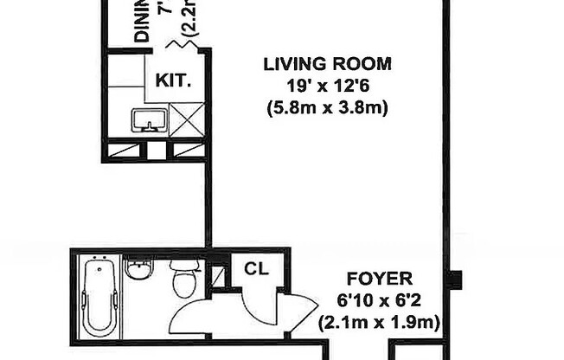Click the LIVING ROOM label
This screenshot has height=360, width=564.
point(327,63)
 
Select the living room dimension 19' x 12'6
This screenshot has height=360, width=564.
point(327,86)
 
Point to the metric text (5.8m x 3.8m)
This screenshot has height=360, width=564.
point(327,108)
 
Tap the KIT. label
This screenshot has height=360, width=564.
point(173,80)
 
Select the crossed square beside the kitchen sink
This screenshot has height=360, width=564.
point(186,119)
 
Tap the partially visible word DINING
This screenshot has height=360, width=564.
point(142,22)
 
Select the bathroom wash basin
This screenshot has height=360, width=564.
point(138,269)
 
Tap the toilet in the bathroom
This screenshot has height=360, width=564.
point(185,278)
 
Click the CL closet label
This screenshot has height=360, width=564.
point(256,268)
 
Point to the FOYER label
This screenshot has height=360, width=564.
point(379,280)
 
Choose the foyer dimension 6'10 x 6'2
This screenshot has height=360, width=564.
point(379,301)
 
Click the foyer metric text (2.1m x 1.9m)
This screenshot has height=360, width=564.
point(379,323)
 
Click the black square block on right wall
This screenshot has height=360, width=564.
point(455,280)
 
